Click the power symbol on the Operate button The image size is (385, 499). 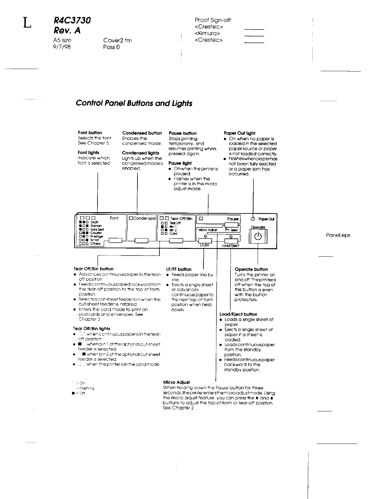click(x=258, y=236)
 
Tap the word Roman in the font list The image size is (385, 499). click(x=96, y=226)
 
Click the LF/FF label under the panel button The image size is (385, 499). click(x=205, y=246)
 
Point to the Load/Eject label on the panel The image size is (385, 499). click(x=230, y=246)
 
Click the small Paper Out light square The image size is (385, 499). click(x=253, y=219)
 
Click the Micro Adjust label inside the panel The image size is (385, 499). click(x=208, y=230)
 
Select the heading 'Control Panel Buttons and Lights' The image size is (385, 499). click(x=134, y=103)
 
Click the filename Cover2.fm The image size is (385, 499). click(x=117, y=40)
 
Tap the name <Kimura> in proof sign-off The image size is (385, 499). click(x=207, y=33)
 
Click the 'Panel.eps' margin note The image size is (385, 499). click(x=338, y=235)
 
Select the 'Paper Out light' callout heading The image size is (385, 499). click(x=239, y=133)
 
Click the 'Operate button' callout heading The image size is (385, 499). click(x=251, y=269)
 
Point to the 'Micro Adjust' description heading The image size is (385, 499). click(x=176, y=382)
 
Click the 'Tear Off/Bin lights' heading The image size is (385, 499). click(x=92, y=329)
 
